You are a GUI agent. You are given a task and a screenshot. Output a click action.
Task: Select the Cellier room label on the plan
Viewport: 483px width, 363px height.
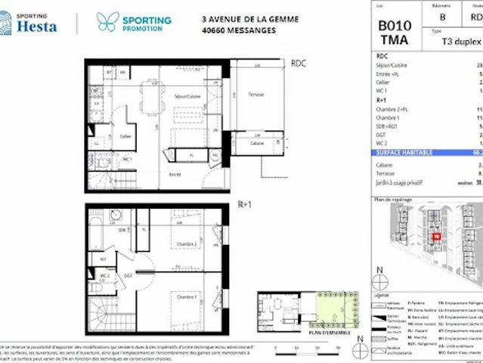click(125, 137)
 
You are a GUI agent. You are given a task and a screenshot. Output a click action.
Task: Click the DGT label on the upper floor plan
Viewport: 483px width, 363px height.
click(128, 275)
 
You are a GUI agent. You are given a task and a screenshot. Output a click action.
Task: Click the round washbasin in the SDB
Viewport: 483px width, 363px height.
click(116, 215)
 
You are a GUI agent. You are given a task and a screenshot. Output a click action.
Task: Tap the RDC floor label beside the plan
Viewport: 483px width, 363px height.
click(299, 64)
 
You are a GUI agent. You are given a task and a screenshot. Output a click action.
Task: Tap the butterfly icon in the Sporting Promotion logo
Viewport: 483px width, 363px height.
click(107, 21)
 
